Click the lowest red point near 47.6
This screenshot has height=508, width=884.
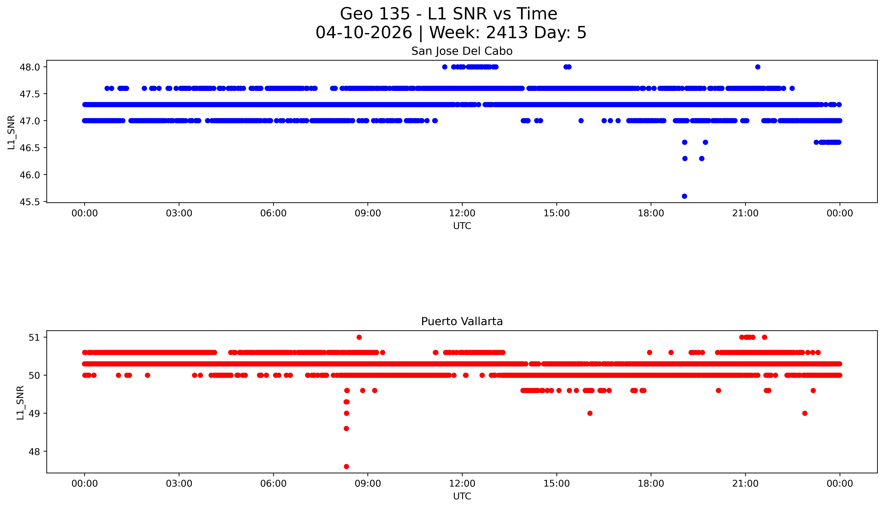tap(346, 466)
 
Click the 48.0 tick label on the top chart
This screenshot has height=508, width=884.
tap(30, 67)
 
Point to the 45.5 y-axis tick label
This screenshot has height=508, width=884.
tap(30, 202)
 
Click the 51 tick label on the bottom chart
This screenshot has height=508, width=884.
tap(35, 337)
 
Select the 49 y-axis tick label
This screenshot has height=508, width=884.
tap(35, 413)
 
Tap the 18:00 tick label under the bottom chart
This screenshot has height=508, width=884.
tap(651, 484)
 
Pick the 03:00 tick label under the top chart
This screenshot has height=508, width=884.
tap(179, 213)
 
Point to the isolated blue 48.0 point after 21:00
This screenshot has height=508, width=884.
tap(757, 67)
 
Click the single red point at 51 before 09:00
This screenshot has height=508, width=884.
tap(359, 337)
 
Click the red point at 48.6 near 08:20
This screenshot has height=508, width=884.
tap(346, 428)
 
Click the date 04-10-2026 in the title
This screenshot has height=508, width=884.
tap(364, 33)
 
